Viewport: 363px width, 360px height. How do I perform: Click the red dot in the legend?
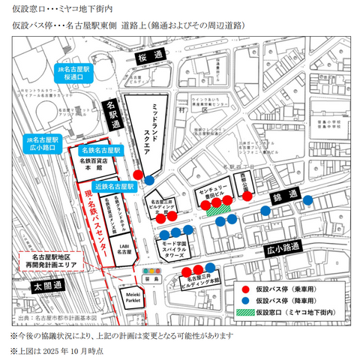click(246, 287)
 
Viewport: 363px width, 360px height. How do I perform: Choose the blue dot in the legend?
click(246, 299)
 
